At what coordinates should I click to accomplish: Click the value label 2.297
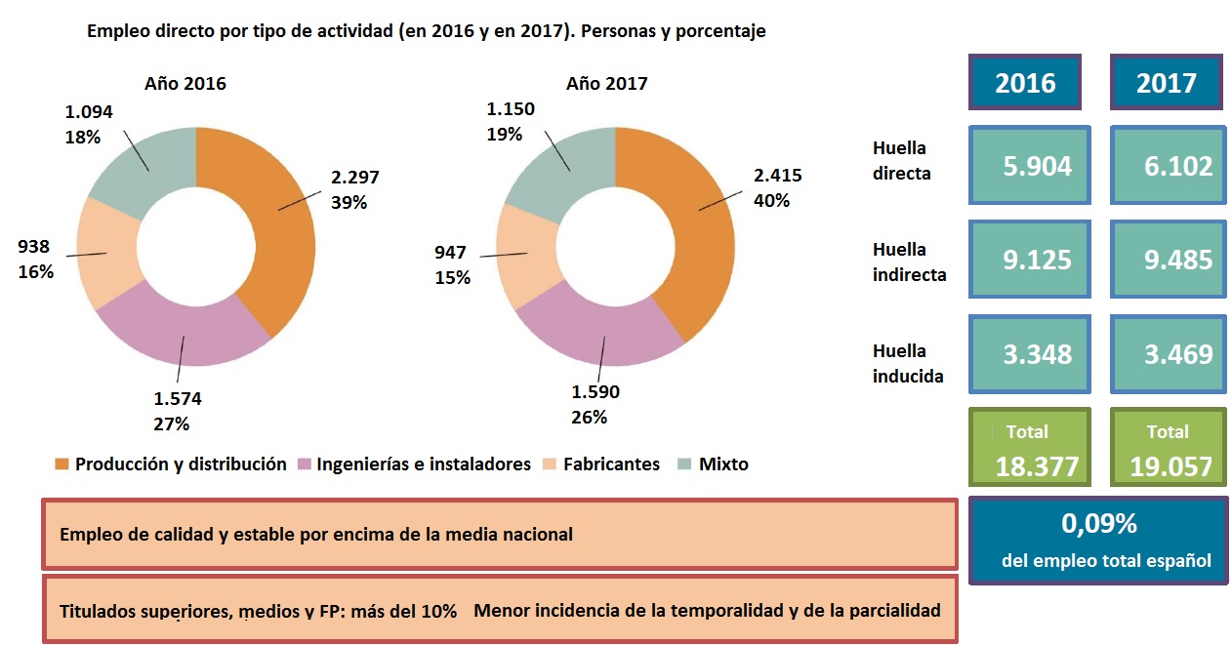click(355, 178)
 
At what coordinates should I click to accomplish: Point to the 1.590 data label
click(595, 392)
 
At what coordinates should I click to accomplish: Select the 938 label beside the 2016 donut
click(33, 247)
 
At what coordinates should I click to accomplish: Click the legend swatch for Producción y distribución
click(62, 464)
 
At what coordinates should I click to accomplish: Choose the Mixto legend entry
click(723, 464)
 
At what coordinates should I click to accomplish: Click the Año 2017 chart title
click(606, 84)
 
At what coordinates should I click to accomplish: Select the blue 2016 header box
click(1025, 83)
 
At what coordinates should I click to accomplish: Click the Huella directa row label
click(900, 161)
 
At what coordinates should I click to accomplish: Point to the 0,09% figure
click(1098, 524)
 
